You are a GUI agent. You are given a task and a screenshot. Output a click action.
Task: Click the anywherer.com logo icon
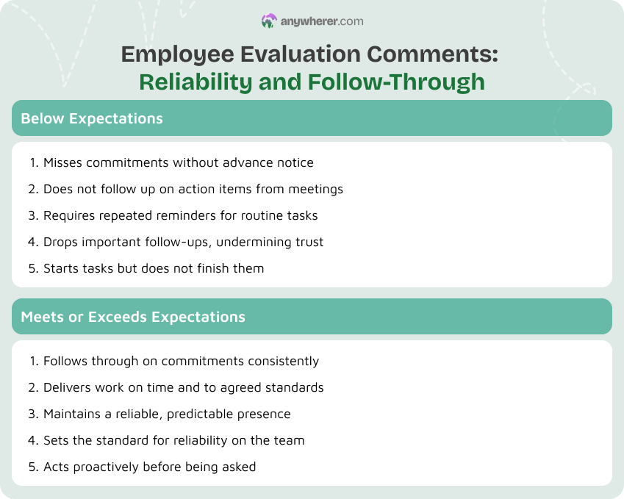(x=269, y=21)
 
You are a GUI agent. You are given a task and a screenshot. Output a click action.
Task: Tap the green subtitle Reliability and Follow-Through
(x=312, y=81)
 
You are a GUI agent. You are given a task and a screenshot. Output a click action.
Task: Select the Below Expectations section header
(x=92, y=118)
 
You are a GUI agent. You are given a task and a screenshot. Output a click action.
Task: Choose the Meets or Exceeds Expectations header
(x=133, y=317)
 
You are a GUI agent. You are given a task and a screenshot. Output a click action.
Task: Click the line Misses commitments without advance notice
(x=178, y=162)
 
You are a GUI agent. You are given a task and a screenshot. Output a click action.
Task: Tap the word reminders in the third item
(x=193, y=215)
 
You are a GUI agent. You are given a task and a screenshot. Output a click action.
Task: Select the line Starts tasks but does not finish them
(x=153, y=268)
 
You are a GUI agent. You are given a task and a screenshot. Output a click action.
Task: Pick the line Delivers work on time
(x=183, y=387)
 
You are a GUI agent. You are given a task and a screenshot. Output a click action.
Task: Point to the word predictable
(x=205, y=414)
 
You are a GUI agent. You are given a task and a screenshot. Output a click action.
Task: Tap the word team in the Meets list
(x=289, y=440)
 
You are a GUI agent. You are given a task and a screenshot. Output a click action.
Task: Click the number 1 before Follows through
(x=32, y=361)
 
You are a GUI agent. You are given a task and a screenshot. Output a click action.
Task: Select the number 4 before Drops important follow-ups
(x=32, y=242)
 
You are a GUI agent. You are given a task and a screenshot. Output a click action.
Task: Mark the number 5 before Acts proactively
(x=32, y=467)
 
